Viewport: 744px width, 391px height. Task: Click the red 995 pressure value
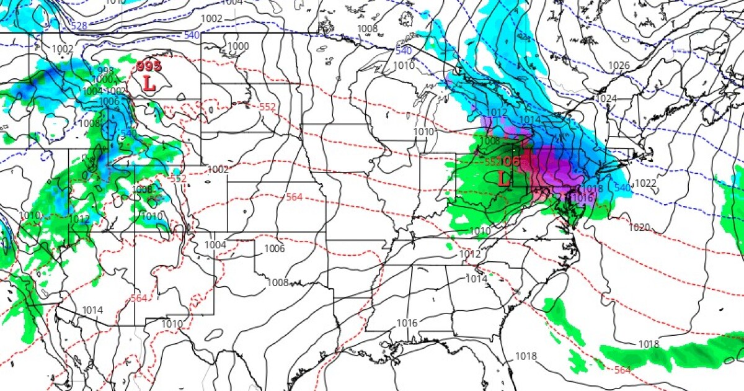pos(148,66)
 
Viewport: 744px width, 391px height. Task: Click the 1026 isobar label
pos(619,66)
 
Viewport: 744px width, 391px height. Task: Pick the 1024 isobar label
pos(606,99)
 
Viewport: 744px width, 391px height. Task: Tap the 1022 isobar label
pos(645,182)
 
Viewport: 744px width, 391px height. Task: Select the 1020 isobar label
pos(639,228)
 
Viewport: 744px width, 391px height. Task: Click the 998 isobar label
pos(105,71)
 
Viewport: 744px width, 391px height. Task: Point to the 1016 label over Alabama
pos(407,323)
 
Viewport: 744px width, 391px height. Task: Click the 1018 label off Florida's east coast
pos(649,344)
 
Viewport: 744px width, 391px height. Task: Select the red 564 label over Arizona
pos(139,299)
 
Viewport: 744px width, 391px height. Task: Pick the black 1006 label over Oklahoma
pos(274,249)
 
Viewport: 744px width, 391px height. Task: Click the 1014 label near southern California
pos(92,310)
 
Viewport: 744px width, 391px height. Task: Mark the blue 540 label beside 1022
pos(622,187)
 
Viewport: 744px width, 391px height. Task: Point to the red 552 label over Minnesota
pos(267,107)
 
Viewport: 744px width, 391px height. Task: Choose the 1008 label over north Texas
pos(278,282)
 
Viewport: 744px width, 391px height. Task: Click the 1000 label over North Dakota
pos(238,47)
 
